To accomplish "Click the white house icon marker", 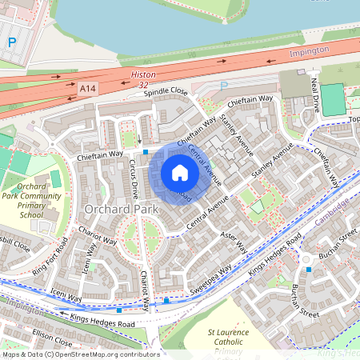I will point(180,173).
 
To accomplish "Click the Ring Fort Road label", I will point(50,254).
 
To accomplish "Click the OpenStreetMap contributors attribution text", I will point(80,354).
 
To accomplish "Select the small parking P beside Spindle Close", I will point(224,86).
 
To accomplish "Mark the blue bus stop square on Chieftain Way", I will point(146,151).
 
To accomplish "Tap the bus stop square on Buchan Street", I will point(309,270).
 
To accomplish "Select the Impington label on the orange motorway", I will point(308,50).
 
